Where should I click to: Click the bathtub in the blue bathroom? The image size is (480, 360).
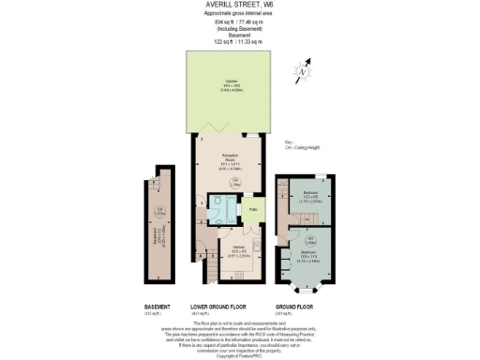[x=218, y=213]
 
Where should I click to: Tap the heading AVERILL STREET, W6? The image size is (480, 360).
[x=239, y=5]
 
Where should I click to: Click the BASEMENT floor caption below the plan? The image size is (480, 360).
[x=157, y=306]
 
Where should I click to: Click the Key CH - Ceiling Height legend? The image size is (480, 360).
[x=305, y=147]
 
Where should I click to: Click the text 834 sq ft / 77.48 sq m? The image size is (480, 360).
[x=239, y=22]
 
